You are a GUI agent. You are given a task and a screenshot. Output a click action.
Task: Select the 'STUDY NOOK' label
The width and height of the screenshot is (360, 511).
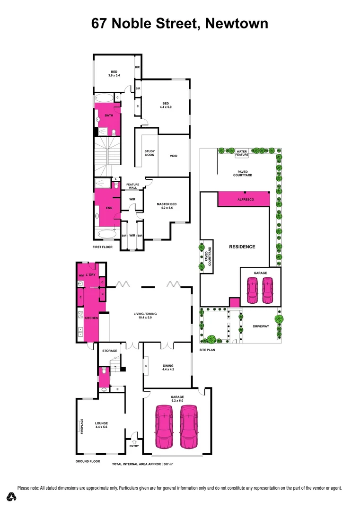click(x=149, y=153)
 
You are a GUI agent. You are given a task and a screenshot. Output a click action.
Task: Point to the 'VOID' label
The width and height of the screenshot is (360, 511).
click(x=173, y=156)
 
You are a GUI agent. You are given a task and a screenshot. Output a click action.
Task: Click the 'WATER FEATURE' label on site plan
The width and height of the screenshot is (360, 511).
click(x=242, y=153)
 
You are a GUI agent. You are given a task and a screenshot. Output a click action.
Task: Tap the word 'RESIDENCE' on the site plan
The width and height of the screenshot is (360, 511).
click(x=242, y=247)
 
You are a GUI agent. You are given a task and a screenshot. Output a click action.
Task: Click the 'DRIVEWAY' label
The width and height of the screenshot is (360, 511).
click(x=260, y=326)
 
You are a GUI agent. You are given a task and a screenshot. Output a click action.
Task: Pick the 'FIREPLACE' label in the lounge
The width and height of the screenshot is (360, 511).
click(x=82, y=426)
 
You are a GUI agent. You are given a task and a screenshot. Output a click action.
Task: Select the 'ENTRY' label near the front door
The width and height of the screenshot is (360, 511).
click(x=134, y=446)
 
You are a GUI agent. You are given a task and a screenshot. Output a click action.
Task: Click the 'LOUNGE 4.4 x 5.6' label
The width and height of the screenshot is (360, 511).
click(x=101, y=425)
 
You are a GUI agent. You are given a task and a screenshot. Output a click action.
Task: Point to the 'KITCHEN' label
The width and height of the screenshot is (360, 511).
click(x=91, y=318)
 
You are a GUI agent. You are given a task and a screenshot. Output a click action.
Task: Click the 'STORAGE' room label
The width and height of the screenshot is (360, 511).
click(x=110, y=351)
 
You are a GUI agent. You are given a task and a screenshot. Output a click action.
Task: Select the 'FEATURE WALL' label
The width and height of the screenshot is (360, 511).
click(x=132, y=185)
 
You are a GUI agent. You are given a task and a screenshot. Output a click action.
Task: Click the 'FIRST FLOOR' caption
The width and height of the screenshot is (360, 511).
click(x=103, y=247)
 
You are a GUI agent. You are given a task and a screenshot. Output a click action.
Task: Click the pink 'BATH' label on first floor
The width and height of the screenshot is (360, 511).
click(x=109, y=115)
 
